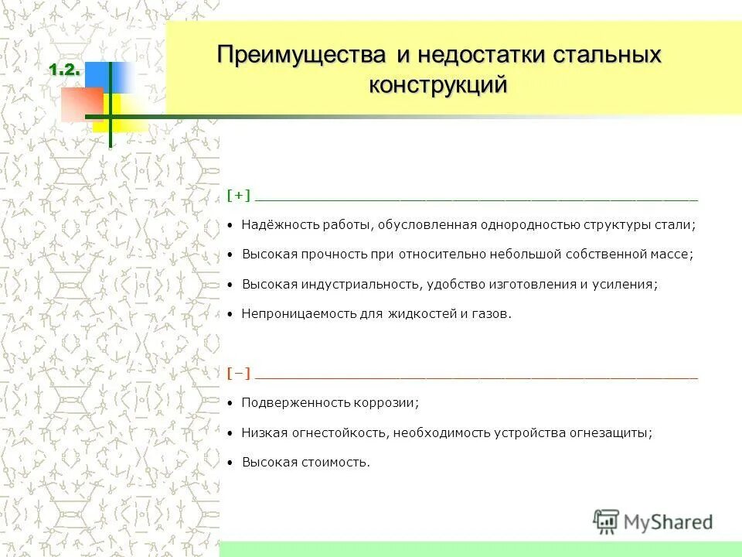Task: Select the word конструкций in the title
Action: (438, 84)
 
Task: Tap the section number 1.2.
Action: (65, 70)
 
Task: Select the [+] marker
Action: (239, 196)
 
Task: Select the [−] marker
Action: (239, 374)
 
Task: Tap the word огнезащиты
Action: (612, 433)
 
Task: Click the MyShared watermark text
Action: (668, 522)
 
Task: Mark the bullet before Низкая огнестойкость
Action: (230, 434)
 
